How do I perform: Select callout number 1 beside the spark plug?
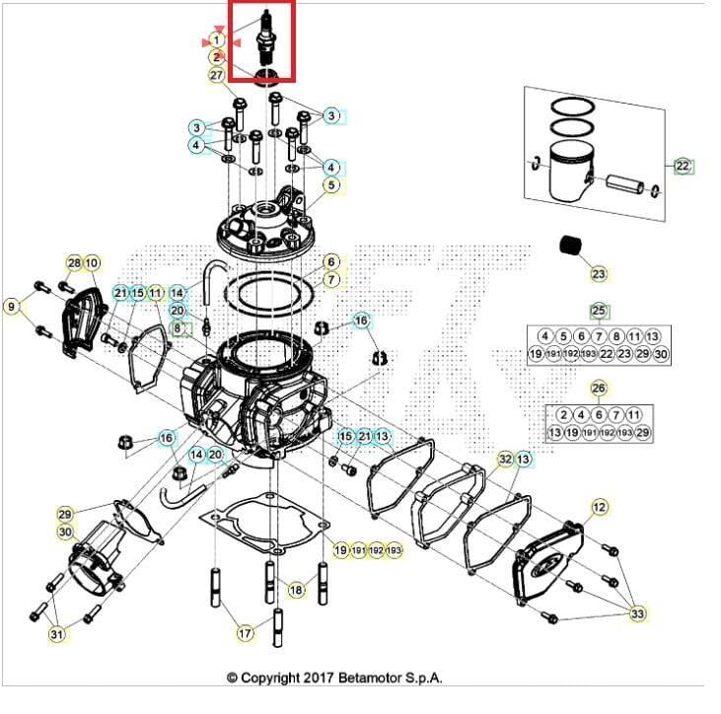(x=217, y=40)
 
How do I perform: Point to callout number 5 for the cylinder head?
(x=331, y=184)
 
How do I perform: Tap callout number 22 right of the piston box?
(x=683, y=166)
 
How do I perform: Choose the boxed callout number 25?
(x=598, y=311)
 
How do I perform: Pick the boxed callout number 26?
(x=598, y=389)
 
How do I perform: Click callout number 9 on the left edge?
(x=12, y=307)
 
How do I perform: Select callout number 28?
(x=74, y=263)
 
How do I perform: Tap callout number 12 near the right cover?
(x=599, y=507)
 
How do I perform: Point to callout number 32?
(x=505, y=460)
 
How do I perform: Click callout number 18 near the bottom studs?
(x=296, y=590)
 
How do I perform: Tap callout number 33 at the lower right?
(x=638, y=613)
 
